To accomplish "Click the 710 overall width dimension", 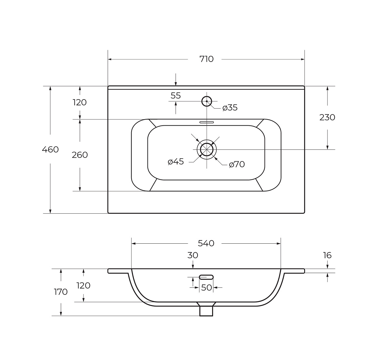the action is (x=206, y=59).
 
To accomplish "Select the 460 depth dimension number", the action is (x=50, y=150).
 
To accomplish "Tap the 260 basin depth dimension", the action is (x=80, y=155).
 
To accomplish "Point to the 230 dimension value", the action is (x=327, y=117).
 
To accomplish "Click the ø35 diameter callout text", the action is (x=230, y=108).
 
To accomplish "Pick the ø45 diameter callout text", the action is (x=176, y=162).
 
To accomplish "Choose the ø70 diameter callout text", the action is (x=237, y=164).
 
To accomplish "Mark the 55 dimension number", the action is (x=176, y=96).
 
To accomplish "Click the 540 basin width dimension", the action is (x=206, y=243).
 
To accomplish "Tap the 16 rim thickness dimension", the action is (x=327, y=255).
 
